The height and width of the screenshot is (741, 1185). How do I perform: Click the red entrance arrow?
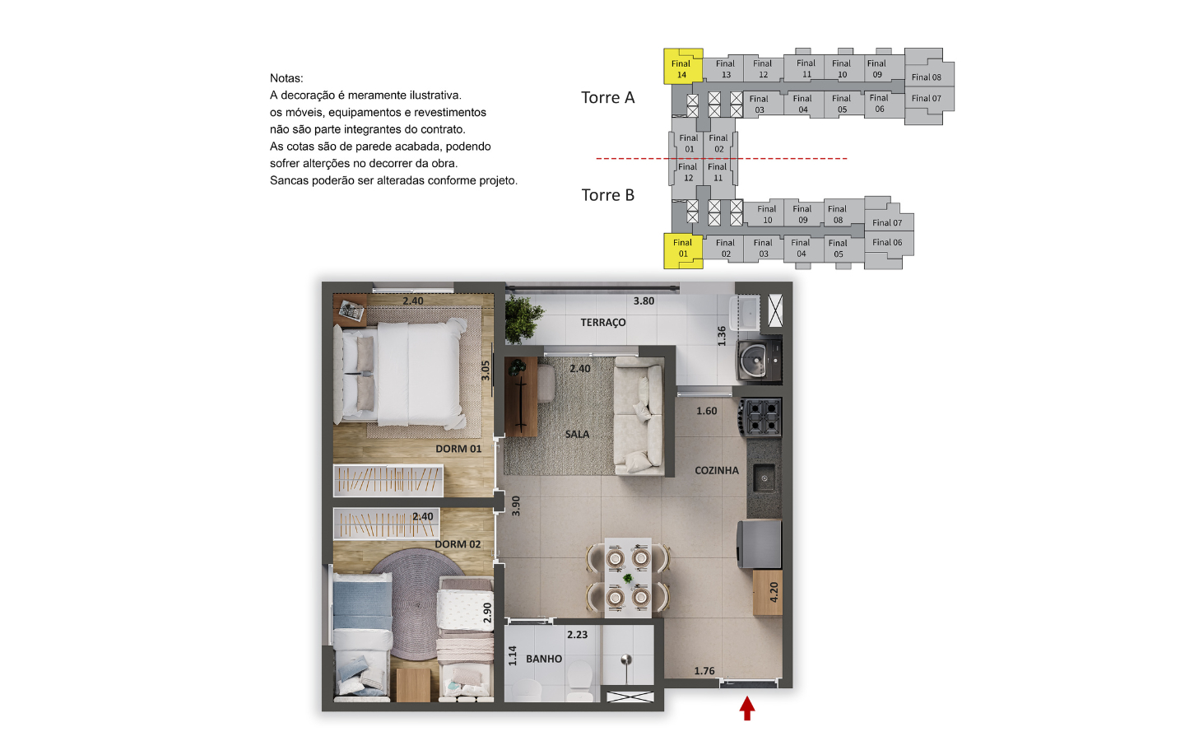coord(746,708)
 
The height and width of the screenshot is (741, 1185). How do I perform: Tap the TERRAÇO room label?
coord(603,323)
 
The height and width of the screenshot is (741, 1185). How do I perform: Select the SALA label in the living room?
coord(577,435)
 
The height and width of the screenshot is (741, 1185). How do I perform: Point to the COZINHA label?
coord(716,471)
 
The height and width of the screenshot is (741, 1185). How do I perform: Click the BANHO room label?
coord(544,659)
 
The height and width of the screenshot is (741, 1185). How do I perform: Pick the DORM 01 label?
coord(458,449)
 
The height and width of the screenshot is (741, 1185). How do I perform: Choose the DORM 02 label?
coord(458,544)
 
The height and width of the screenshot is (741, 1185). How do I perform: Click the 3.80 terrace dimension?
coord(644,301)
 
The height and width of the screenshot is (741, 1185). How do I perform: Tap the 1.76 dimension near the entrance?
coord(704,671)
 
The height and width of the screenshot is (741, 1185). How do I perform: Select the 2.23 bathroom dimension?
coord(577,635)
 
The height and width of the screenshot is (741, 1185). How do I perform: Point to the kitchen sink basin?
coord(764,478)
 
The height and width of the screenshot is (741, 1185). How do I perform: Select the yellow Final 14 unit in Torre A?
coord(683,66)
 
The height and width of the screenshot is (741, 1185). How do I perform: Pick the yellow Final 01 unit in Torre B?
coord(683,251)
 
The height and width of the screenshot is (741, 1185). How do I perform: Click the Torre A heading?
coord(608,97)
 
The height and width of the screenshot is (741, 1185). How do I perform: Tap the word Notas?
coord(286,78)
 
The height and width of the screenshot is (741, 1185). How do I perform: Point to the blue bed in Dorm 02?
coord(361,640)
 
